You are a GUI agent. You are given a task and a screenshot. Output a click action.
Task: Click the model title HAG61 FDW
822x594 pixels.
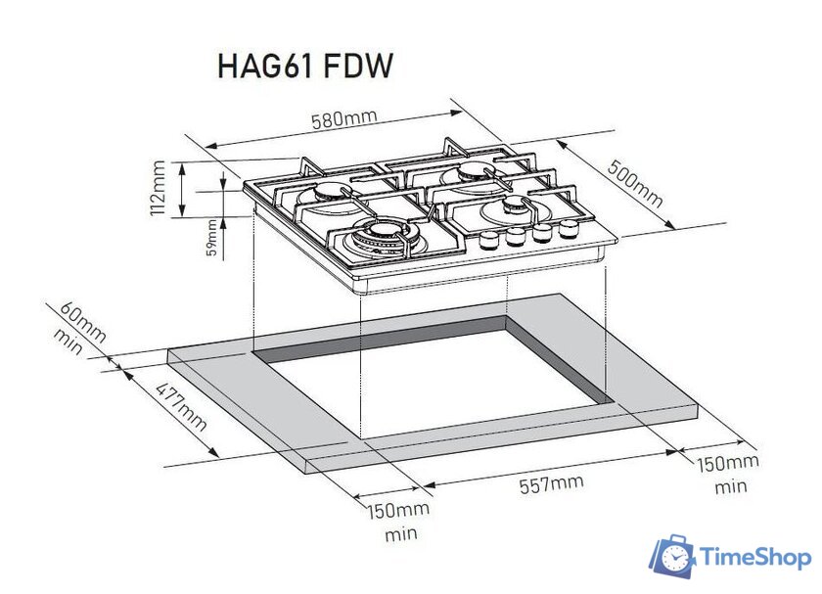(x=304, y=67)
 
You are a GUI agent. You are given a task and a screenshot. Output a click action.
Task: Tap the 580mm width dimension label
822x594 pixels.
(x=343, y=120)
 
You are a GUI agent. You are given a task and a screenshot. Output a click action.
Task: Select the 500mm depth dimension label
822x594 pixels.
(x=635, y=185)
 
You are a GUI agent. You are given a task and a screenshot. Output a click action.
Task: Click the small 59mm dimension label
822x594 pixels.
(x=212, y=239)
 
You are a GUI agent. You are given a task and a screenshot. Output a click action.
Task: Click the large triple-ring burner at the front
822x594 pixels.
(x=378, y=237)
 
